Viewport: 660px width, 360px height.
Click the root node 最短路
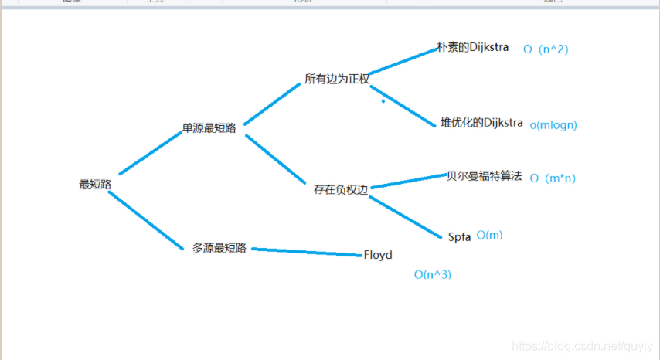(96, 185)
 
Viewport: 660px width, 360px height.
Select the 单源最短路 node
(209, 127)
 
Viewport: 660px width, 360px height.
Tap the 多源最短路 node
(219, 248)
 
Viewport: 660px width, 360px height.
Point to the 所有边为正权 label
(337, 79)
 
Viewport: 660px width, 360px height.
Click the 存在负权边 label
(342, 188)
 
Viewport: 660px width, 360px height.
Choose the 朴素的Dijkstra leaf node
(473, 47)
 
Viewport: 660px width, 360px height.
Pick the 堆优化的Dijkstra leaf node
(481, 123)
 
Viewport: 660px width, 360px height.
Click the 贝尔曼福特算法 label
(485, 176)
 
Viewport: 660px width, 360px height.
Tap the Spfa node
(459, 236)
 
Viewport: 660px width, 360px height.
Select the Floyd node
(378, 255)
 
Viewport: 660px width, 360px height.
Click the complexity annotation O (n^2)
(546, 49)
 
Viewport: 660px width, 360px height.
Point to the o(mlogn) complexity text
(553, 124)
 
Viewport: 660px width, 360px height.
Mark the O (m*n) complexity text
(553, 178)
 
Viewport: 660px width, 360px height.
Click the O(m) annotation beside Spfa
(489, 235)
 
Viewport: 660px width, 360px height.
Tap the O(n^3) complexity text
(433, 274)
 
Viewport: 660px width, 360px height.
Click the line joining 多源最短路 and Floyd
(308, 252)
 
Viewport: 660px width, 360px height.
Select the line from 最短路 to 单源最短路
(150, 153)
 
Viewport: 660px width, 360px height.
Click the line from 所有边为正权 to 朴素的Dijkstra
(403, 61)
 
